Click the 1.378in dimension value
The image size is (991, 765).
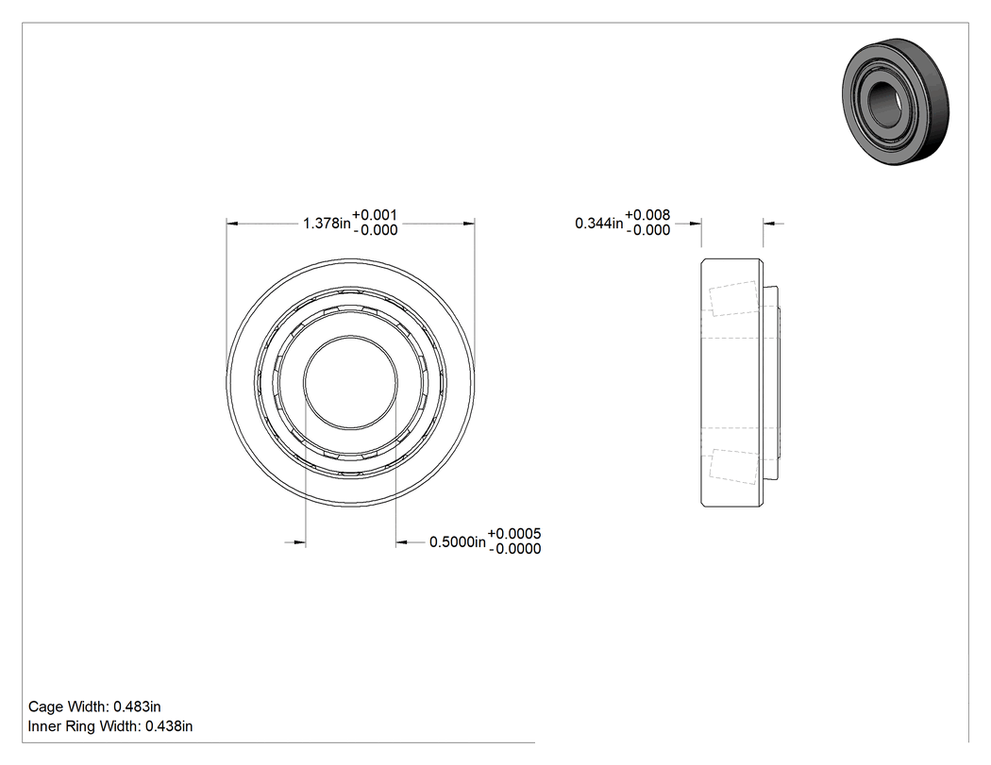(x=327, y=223)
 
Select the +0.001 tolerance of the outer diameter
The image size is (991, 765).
(x=375, y=215)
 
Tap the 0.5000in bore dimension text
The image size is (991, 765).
(x=458, y=542)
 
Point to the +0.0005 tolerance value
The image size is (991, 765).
(x=514, y=534)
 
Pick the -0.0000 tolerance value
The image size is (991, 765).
(x=515, y=549)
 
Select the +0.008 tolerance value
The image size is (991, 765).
(x=647, y=215)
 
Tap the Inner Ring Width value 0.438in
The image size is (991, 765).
(x=169, y=726)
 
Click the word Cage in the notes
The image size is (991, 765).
(x=45, y=707)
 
